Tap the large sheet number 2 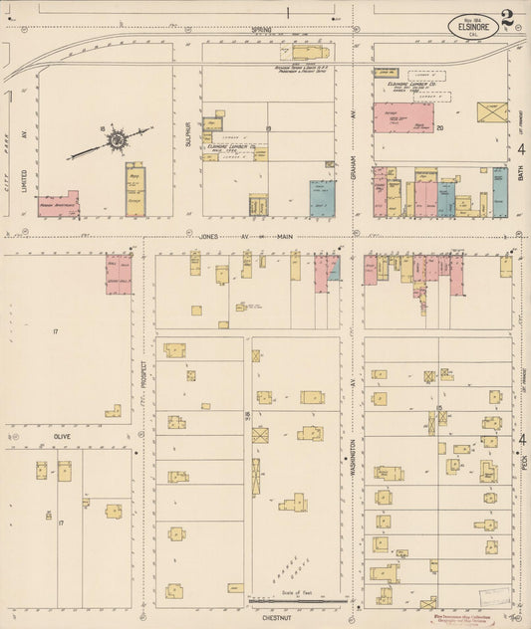pos(508,18)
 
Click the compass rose pos(118,140)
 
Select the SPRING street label pos(261,31)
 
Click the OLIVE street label pos(62,436)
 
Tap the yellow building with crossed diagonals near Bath pos(491,111)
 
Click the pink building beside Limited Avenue pos(58,206)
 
